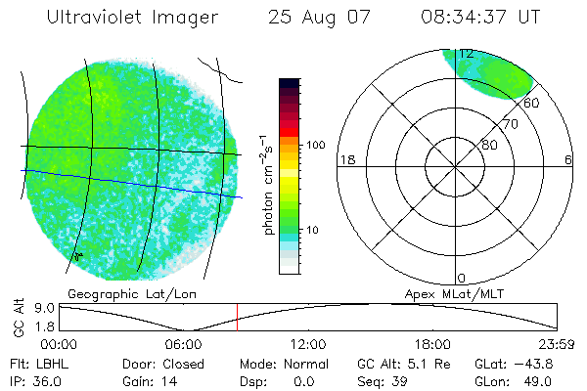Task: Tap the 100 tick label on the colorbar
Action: tap(315, 145)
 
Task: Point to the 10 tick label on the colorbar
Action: tap(313, 231)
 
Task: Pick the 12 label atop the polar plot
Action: tap(467, 54)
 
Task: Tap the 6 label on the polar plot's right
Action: tap(568, 159)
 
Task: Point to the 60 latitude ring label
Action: tap(532, 103)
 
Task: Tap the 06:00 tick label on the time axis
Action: tap(184, 344)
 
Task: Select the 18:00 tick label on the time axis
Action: tap(432, 344)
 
